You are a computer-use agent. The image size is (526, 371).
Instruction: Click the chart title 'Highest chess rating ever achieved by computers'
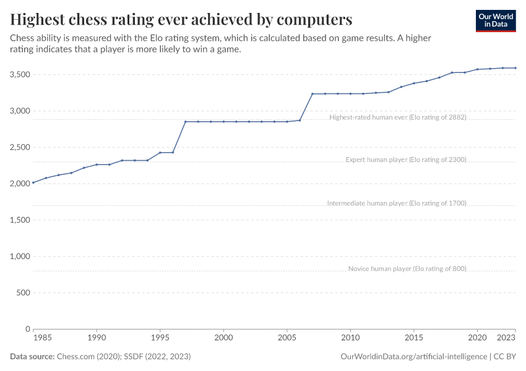[181, 19]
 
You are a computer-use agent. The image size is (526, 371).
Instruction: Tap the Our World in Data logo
[495, 20]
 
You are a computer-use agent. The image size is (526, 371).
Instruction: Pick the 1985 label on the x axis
[42, 338]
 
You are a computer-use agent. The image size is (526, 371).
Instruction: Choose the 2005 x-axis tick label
[287, 338]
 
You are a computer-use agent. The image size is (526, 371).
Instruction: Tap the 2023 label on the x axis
[506, 338]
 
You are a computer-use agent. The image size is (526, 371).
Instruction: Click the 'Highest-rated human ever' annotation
[397, 117]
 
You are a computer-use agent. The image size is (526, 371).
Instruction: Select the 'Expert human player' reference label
[405, 160]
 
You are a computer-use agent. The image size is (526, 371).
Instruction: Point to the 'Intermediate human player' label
[396, 203]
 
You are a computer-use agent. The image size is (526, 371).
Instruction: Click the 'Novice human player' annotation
[407, 268]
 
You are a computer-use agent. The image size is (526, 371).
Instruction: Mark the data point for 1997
[186, 122]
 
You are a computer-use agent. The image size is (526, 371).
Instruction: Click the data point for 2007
[313, 94]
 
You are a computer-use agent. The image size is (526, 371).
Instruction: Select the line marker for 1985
[33, 182]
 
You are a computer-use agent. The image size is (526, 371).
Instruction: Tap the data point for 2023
[515, 68]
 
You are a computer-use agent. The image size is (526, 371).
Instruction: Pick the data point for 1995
[160, 153]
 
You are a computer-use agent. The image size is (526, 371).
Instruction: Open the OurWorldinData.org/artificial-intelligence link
[413, 357]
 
